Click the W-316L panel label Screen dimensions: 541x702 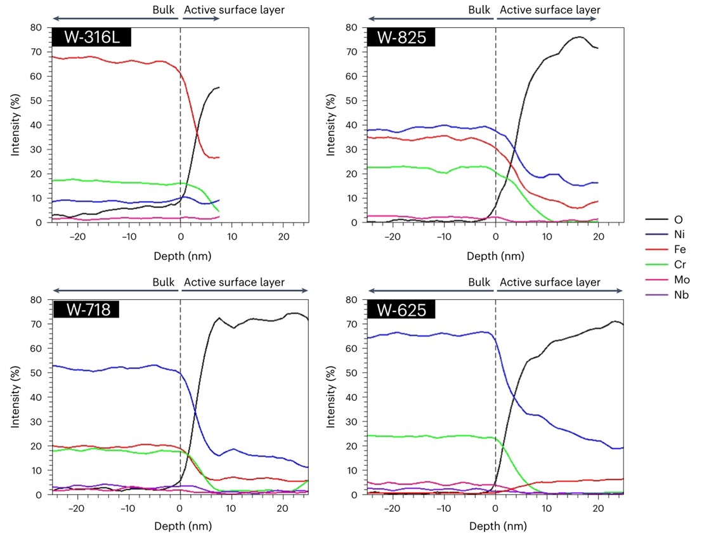(x=91, y=37)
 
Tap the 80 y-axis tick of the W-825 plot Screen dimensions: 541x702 (x=354, y=28)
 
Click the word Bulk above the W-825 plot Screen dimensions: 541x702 (x=479, y=10)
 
